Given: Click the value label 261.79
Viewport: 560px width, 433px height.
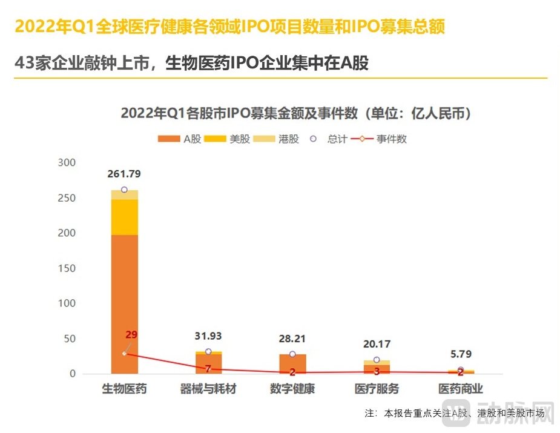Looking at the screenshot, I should [124, 174].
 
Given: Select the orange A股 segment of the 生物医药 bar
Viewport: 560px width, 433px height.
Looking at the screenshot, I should [124, 303].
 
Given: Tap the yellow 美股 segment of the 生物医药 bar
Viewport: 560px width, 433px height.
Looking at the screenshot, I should [124, 217].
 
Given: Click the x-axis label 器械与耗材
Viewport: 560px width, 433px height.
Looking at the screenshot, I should [208, 389].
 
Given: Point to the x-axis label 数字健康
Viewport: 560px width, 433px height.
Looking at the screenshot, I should [292, 389].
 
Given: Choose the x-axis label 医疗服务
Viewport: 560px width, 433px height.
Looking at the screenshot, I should [377, 389].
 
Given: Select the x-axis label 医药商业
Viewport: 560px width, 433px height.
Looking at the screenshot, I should [461, 389].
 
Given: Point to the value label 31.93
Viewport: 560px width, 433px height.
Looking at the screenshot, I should [208, 335].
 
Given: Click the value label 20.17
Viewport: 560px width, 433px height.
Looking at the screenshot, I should [377, 344].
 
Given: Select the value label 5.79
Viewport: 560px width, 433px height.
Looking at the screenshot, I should [461, 354].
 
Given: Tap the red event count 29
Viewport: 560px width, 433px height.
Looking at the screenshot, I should [131, 335].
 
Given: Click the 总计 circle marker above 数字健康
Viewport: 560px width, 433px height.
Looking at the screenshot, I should [292, 354].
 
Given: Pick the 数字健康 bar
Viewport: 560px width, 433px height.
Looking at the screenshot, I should [292, 364].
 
